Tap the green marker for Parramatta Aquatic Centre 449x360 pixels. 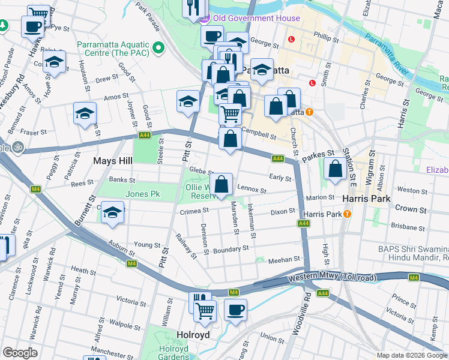(x=158, y=47)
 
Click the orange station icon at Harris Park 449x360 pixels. (x=346, y=214)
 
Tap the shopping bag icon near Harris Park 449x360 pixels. (x=335, y=169)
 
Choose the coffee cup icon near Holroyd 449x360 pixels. (x=235, y=311)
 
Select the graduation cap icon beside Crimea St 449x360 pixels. (x=112, y=213)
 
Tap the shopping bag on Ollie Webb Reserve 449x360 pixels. (x=221, y=185)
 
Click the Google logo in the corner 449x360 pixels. (x=20, y=353)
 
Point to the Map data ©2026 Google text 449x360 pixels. (x=411, y=355)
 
